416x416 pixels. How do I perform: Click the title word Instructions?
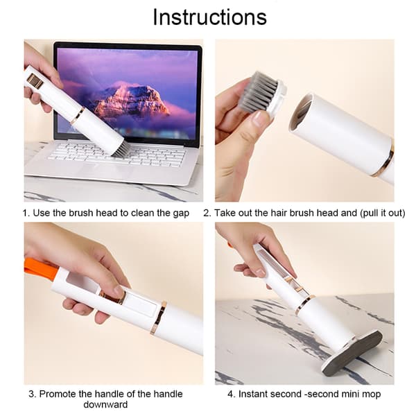click(x=209, y=17)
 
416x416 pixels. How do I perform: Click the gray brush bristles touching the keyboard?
click(x=119, y=151)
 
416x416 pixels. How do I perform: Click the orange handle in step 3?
click(x=40, y=267)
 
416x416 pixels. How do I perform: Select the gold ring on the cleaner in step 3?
click(x=159, y=318)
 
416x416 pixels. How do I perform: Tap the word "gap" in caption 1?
click(x=181, y=213)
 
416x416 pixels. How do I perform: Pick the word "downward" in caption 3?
click(x=105, y=405)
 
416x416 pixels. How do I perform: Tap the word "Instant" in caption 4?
click(x=253, y=394)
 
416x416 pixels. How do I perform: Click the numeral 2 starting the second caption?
click(x=206, y=213)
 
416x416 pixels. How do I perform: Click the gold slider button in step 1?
click(x=35, y=81)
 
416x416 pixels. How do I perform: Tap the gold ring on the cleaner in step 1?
click(x=78, y=116)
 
